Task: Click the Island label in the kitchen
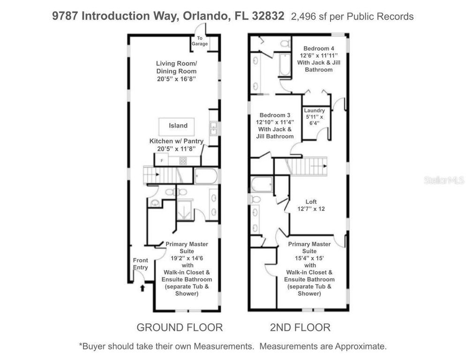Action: click(178, 126)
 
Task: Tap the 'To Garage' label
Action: click(199, 41)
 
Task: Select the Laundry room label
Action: click(314, 111)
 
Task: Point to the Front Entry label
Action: click(140, 264)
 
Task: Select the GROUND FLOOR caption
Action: click(180, 327)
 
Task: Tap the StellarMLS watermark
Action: click(443, 180)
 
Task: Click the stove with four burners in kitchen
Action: click(183, 160)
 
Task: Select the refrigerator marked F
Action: click(162, 160)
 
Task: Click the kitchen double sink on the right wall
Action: click(213, 127)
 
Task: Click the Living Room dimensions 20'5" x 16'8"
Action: click(176, 79)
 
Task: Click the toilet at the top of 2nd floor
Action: click(284, 44)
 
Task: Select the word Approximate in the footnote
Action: click(359, 346)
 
